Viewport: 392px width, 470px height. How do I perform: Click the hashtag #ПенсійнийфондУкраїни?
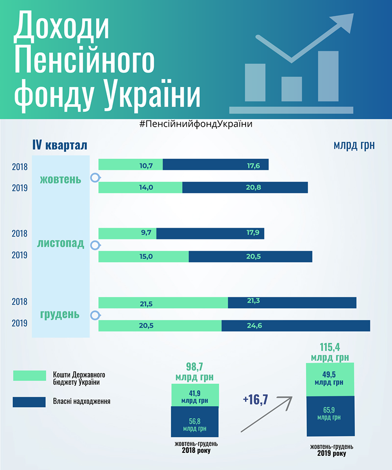tap(196, 124)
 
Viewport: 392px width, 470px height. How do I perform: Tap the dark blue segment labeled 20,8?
tap(245, 188)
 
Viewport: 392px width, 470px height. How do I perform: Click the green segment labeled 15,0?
tap(144, 256)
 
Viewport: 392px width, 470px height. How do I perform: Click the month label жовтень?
tap(61, 179)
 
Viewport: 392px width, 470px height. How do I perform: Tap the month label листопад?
tap(61, 244)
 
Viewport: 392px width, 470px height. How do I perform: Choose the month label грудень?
tap(61, 314)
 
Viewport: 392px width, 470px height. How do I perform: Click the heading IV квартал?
tap(59, 145)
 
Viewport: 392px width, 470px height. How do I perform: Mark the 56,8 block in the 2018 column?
tap(194, 422)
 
